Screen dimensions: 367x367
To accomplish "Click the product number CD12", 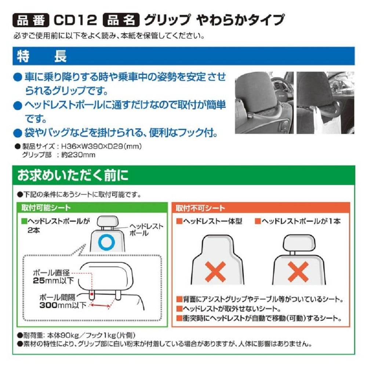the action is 75,20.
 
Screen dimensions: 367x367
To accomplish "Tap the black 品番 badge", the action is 31,20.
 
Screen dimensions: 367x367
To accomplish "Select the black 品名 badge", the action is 121,20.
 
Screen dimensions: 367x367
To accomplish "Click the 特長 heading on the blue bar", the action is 42,56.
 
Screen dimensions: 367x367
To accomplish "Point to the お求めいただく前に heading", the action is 73,175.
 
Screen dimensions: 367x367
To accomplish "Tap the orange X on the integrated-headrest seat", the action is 215,272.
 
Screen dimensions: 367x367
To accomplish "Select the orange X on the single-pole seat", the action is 298,272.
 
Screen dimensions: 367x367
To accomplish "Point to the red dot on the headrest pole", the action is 92,294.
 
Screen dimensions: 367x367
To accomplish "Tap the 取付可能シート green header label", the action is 46,208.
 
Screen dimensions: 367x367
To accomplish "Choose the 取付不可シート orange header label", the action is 200,208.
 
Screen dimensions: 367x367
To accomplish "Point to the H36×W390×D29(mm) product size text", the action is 101,146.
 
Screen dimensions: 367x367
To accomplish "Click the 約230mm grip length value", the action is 78,155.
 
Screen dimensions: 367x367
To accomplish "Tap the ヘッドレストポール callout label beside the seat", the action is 146,230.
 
